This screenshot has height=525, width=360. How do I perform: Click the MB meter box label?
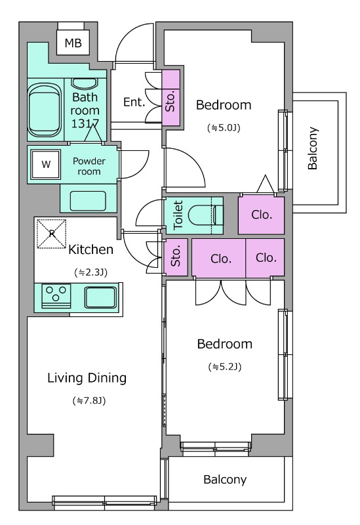pos(73,43)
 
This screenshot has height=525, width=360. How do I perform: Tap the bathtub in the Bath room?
pos(45,110)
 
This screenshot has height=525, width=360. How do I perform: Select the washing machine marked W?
pos(46,165)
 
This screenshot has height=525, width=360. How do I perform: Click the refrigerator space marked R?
pos(51,234)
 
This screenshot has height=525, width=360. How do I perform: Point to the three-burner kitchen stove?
pos(56,296)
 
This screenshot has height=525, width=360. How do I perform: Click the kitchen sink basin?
pos(100,297)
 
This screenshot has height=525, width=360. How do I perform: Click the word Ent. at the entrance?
pos(134,102)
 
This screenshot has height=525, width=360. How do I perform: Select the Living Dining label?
pos(87,378)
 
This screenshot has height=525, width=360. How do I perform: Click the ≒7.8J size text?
pos(89,400)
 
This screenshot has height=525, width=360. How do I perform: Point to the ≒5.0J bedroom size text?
pos(224,127)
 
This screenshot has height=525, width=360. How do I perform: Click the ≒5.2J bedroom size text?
pos(224,367)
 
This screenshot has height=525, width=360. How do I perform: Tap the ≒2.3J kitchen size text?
pos(90,272)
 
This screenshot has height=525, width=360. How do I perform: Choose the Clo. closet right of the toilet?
pos(262,215)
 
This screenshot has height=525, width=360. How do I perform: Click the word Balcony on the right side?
pos(313,148)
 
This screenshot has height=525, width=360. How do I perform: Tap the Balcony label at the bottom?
pos(225,480)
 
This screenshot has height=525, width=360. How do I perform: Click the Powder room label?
pos(89,166)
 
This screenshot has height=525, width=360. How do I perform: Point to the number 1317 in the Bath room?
pos(85,123)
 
